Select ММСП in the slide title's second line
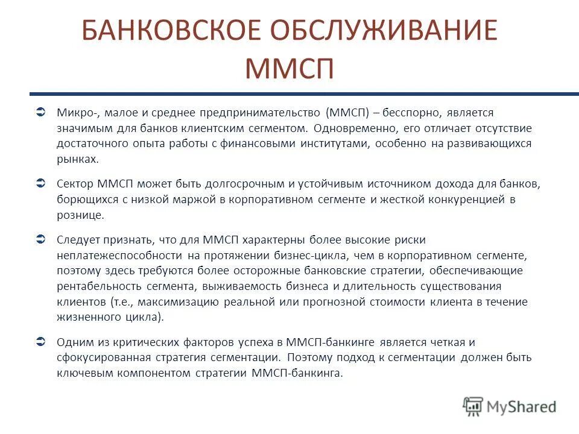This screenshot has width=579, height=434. [x=289, y=68]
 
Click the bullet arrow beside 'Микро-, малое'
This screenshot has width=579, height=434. [x=41, y=112]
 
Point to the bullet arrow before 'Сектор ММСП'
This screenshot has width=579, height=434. [x=41, y=183]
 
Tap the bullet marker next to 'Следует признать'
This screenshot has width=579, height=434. [x=41, y=239]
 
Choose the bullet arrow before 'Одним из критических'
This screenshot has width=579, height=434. [x=41, y=342]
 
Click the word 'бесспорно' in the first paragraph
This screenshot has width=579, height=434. [x=417, y=112]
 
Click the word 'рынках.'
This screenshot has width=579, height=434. [x=77, y=159]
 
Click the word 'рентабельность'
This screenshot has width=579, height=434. [x=95, y=286]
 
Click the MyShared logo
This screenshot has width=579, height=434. [x=510, y=406]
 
